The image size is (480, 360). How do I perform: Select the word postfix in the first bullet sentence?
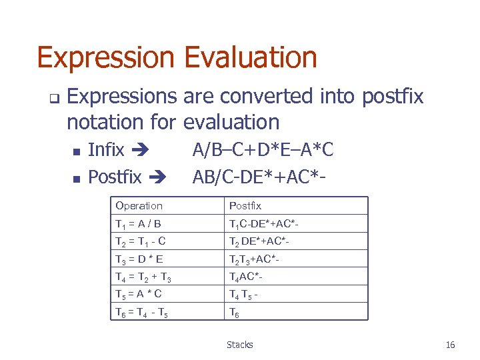(392, 97)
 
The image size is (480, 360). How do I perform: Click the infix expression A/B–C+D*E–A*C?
(263, 150)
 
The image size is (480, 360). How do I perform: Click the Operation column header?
(139, 206)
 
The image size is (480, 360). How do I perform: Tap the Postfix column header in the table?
(245, 206)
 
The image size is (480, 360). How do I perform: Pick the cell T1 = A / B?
(138, 224)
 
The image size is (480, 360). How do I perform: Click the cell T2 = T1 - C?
(140, 241)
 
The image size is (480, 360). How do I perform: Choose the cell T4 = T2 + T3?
(143, 277)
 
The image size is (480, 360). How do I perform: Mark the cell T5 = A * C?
(138, 294)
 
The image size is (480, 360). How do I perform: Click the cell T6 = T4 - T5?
(141, 311)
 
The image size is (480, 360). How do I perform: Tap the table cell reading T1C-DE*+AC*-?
(261, 224)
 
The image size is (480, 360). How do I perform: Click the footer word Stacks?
(239, 345)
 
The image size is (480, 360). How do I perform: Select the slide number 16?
(450, 345)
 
